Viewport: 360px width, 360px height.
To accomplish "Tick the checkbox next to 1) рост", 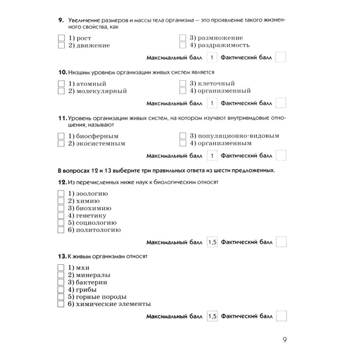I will [x=61, y=38].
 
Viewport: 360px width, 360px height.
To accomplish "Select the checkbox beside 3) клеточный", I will [x=183, y=83].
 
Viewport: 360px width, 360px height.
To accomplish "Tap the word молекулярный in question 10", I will [x=101, y=91].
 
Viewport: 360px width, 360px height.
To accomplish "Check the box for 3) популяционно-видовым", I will [x=183, y=136].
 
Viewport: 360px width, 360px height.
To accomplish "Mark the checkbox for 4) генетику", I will [x=61, y=215].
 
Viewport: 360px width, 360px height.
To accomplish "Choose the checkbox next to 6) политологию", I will [x=61, y=230].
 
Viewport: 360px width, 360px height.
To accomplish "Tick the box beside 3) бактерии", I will [x=61, y=282].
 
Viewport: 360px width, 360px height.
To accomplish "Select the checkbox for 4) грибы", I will [x=61, y=290].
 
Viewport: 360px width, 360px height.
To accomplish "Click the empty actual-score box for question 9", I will [x=281, y=57].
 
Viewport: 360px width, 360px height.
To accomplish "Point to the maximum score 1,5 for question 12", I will [x=212, y=242].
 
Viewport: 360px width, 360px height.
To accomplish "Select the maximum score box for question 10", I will [x=212, y=103].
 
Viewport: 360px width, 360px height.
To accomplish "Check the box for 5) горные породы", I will [x=61, y=297].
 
